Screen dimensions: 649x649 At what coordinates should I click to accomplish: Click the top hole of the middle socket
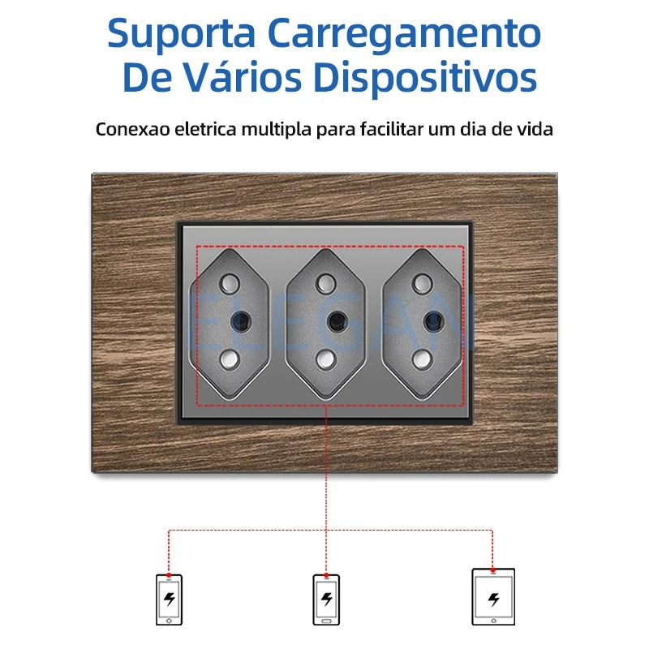326,283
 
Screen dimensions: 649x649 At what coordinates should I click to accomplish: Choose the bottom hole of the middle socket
326,359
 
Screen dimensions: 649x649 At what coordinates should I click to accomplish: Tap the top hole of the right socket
422,283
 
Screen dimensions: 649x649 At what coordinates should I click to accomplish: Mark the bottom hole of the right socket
422,359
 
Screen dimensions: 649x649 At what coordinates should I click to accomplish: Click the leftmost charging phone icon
169,600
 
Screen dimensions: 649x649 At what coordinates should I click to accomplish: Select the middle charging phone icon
327,600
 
